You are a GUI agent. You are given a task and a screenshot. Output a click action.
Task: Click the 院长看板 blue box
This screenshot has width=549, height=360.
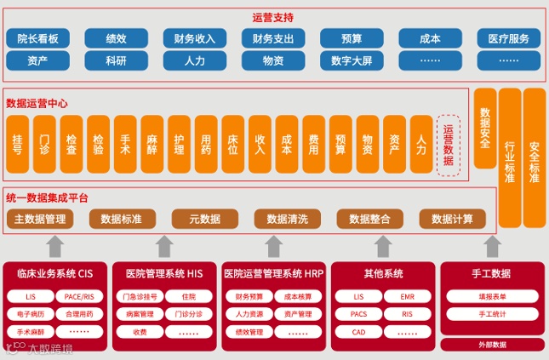point(37,38)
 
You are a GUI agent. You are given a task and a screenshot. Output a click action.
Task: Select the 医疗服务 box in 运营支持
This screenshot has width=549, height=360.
point(508,38)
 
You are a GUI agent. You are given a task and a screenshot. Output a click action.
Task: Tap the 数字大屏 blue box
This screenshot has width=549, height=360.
point(352,60)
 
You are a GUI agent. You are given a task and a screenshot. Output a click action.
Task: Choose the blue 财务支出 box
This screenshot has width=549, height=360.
point(273,38)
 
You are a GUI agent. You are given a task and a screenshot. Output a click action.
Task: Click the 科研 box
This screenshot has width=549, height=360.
point(116,60)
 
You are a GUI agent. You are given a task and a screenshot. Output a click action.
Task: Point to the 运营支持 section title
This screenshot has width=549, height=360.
point(273,16)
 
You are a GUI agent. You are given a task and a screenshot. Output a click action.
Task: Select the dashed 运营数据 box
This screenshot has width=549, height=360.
point(449,146)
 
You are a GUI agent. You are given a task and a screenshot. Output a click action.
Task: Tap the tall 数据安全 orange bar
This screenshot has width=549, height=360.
point(485,128)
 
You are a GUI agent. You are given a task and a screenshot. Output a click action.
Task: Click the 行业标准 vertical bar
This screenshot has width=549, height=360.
point(510,157)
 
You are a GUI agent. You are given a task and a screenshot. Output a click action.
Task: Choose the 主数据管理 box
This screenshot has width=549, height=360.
point(40,219)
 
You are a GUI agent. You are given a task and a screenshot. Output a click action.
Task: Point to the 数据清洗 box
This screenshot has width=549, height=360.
point(287,219)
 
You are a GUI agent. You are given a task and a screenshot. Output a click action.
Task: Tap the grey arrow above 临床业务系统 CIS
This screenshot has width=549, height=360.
point(54,246)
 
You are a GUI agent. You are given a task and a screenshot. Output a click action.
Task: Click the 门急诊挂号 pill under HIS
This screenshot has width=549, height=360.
point(140,297)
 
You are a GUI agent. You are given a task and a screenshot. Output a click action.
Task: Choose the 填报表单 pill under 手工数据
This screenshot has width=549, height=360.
point(492,297)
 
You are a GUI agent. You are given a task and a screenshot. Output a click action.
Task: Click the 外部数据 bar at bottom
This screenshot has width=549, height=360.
point(492,345)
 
